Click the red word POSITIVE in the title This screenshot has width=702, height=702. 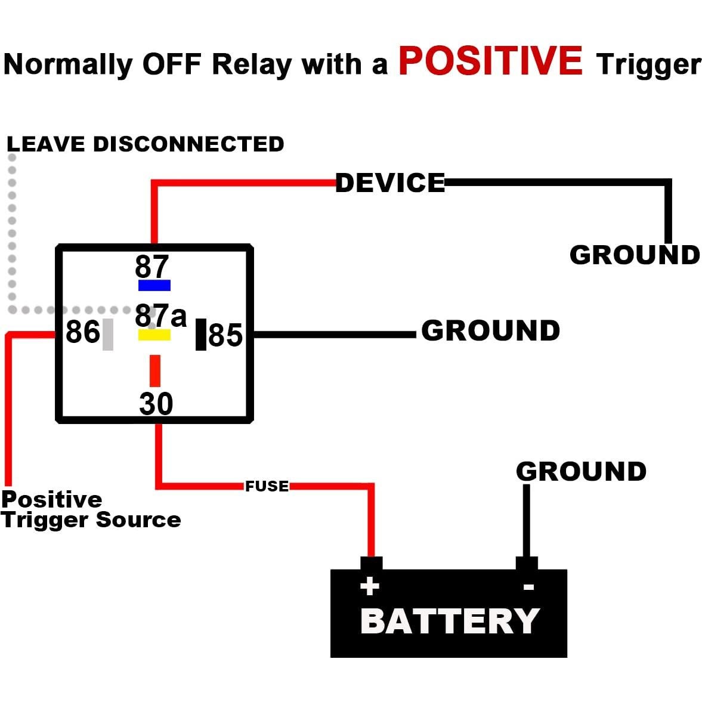490,61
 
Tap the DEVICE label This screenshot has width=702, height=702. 390,183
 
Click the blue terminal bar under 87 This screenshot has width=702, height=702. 154,285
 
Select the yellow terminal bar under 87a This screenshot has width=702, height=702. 154,335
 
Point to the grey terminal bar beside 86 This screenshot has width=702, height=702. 108,334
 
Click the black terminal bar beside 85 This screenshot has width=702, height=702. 201,334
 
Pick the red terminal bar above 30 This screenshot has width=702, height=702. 155,370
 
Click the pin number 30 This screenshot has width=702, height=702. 156,404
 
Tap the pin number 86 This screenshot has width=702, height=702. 82,332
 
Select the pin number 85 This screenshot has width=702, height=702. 225,335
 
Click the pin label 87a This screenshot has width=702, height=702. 160,316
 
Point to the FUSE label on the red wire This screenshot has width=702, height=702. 267,486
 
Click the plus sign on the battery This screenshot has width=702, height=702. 370,586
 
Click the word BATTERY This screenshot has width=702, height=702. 450,621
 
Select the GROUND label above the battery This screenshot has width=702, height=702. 581,471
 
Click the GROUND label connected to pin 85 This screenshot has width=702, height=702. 490,330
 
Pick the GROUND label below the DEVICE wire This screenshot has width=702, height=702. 635,255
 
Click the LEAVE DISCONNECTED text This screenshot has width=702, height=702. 145,144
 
